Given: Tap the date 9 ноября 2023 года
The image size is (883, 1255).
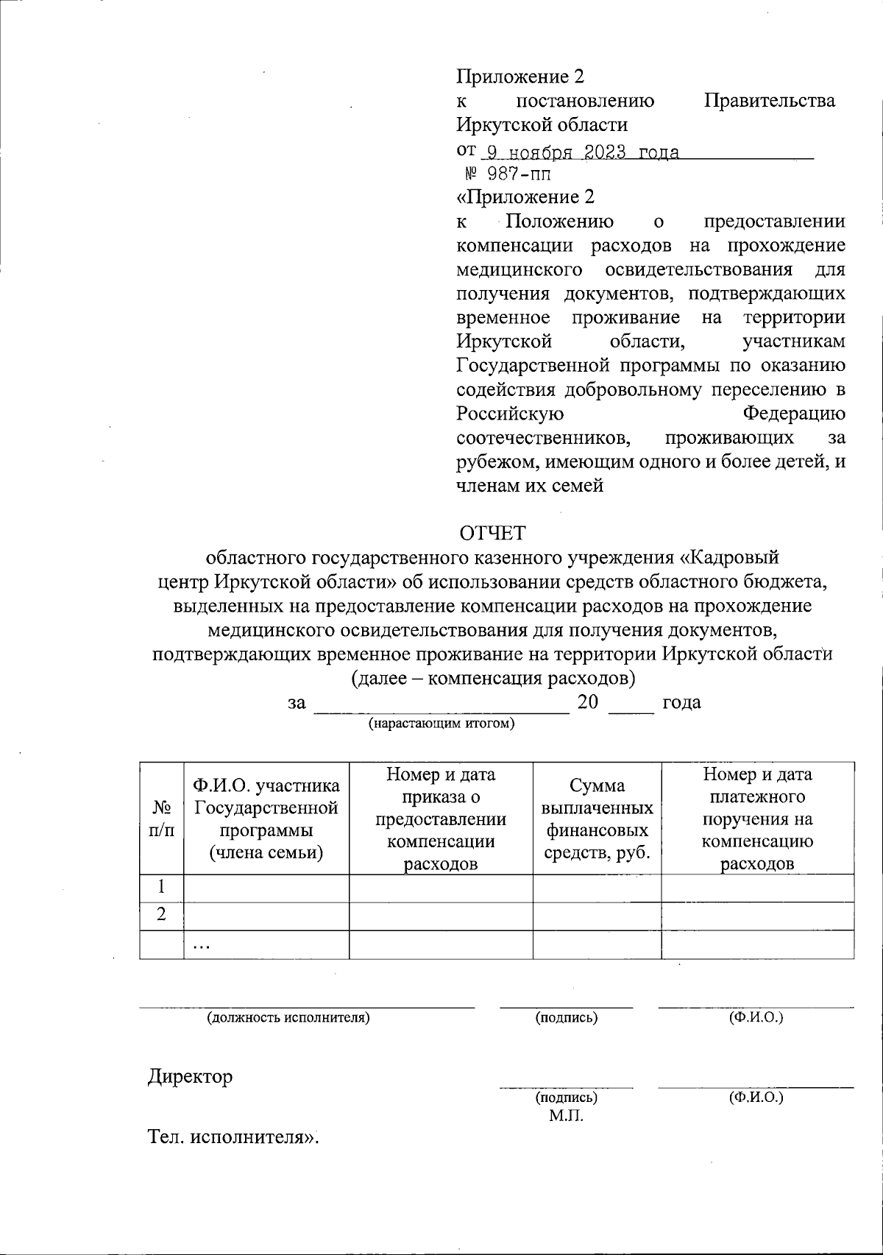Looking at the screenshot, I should [x=578, y=152].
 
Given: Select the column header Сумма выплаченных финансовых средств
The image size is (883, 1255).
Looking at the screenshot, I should [x=597, y=819].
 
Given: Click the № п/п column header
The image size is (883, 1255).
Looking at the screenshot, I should [x=161, y=819].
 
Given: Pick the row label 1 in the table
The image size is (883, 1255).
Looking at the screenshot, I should [x=160, y=887].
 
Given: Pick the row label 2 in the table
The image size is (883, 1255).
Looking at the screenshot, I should [x=160, y=915].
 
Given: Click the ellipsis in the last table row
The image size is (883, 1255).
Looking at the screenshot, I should [x=201, y=946].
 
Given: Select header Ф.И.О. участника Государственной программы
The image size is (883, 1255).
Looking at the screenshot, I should [x=266, y=819].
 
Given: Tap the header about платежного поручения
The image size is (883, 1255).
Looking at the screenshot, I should [x=757, y=819].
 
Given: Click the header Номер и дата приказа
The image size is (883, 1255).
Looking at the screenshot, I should [x=440, y=819].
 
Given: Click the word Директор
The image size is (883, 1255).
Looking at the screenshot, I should [x=190, y=1077].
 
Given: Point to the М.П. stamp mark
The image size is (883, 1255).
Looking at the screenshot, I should [x=565, y=1117].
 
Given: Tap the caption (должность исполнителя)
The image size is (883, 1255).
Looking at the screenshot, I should [x=288, y=1018].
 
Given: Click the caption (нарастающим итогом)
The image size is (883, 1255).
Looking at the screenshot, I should [x=441, y=723].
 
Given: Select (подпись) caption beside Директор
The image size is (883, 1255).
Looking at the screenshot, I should [x=566, y=1097].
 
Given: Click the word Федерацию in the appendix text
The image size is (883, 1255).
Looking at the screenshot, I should [x=793, y=414].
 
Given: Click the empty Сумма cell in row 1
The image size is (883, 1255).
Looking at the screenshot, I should [x=597, y=888].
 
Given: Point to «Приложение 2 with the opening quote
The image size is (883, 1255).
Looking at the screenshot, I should [x=525, y=197].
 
